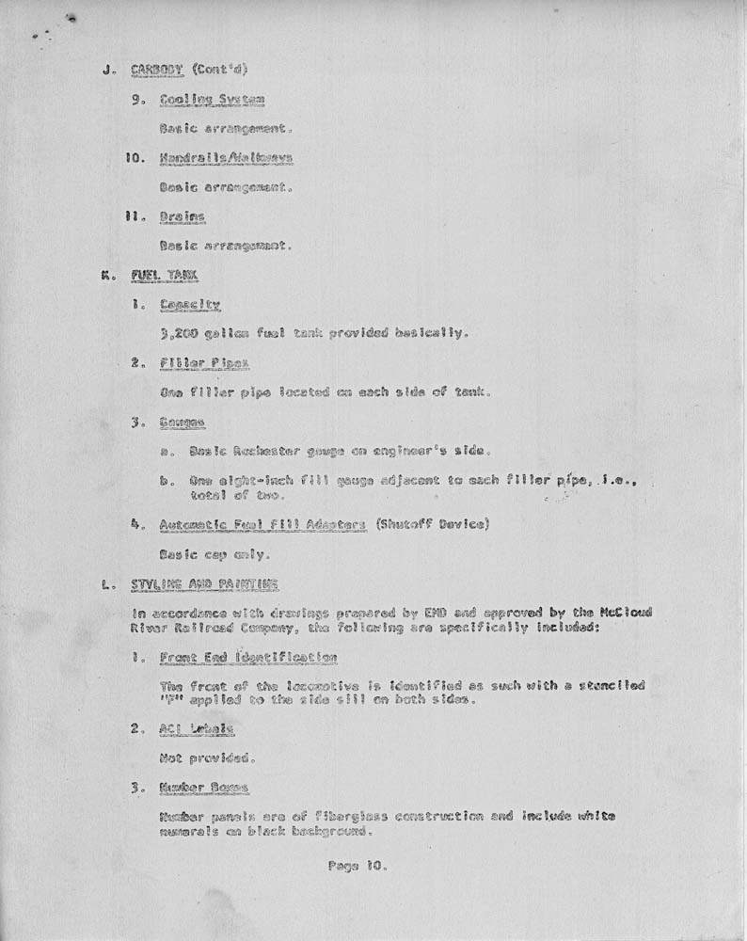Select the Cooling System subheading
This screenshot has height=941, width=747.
coord(212,100)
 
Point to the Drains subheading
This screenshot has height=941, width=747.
coord(183,217)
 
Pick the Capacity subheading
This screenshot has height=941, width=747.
coord(190,305)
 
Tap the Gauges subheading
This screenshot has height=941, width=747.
coord(183,423)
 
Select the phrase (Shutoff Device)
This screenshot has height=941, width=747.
coord(431,524)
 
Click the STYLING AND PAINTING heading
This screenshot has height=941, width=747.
coord(204,584)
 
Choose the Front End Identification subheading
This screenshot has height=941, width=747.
coord(248,658)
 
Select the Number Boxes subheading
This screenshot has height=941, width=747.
coord(203,788)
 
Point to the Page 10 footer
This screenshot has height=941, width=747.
coord(358,866)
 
